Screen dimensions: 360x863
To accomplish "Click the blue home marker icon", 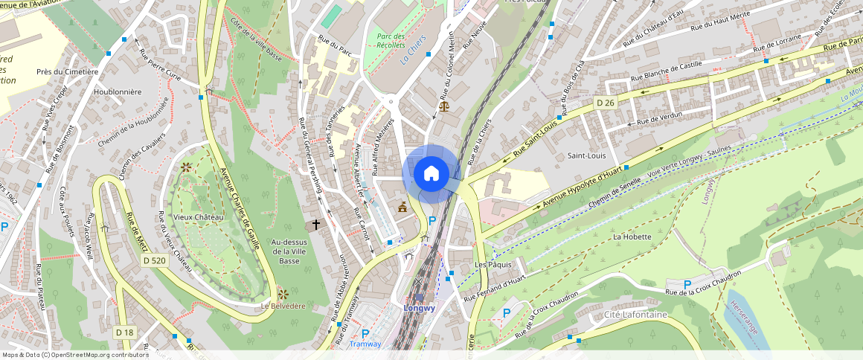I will [431, 174].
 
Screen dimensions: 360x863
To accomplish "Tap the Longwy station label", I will [419, 307].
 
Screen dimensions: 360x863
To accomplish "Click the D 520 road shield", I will [154, 260].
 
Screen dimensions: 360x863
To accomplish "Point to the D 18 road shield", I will [124, 331].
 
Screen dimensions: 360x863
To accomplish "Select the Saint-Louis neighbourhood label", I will [586, 156].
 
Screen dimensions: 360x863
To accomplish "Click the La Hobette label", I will [632, 237].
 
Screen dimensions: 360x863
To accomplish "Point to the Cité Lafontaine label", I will [636, 315].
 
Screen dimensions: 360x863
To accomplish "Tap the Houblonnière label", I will [118, 92].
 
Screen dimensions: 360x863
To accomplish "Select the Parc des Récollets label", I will [391, 41].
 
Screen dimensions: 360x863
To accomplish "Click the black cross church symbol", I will [315, 223].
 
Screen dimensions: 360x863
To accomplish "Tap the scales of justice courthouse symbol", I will [445, 106].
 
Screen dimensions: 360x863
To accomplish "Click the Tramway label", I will [365, 344].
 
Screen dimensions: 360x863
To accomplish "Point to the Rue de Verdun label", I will [660, 119].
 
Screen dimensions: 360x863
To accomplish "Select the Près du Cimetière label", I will [68, 72].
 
